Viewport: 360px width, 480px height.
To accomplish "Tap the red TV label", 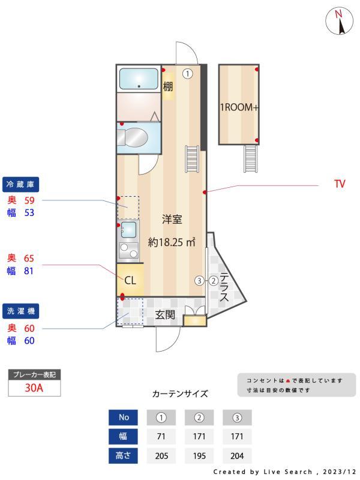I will pyautogui.click(x=340, y=184).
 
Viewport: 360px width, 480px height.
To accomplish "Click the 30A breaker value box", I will pyautogui.click(x=34, y=388).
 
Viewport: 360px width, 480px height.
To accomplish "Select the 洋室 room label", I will pyautogui.click(x=172, y=220).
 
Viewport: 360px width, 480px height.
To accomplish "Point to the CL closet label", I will pyautogui.click(x=130, y=280).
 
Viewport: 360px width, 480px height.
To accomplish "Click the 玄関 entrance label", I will pyautogui.click(x=165, y=314).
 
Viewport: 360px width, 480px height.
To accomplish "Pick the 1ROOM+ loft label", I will pyautogui.click(x=238, y=108).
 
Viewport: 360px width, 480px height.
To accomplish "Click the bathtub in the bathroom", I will pyautogui.click(x=139, y=79).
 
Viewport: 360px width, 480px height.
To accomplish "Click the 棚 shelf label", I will pyautogui.click(x=168, y=86).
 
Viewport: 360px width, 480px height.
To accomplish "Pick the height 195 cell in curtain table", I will pyautogui.click(x=199, y=455).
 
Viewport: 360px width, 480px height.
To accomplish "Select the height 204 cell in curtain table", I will pyautogui.click(x=237, y=455).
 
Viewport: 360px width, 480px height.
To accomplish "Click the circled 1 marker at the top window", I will pyautogui.click(x=188, y=74).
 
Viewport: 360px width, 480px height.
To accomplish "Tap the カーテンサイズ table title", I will pyautogui.click(x=180, y=394).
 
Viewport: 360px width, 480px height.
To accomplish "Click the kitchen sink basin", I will pyautogui.click(x=128, y=229).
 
